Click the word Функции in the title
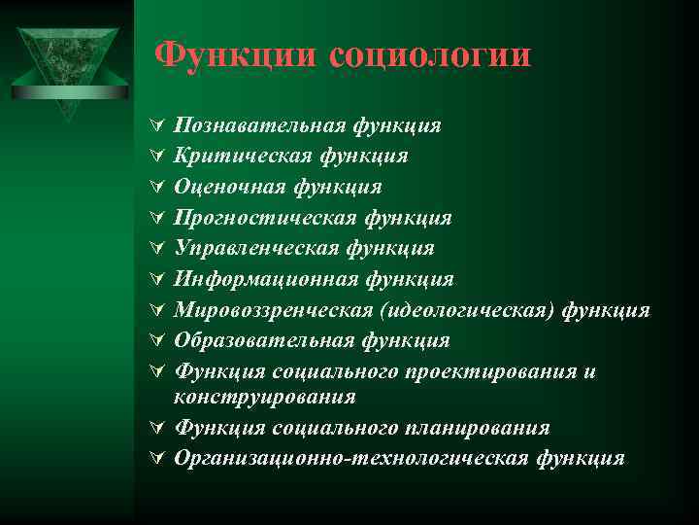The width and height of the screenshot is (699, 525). (x=237, y=54)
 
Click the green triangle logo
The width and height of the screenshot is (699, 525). (x=67, y=63)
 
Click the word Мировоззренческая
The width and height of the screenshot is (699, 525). (x=275, y=310)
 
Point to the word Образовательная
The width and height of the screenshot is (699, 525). (x=264, y=340)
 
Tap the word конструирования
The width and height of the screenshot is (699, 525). (x=264, y=397)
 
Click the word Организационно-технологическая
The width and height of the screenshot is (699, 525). (x=351, y=458)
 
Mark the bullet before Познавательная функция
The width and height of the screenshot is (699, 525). (x=157, y=126)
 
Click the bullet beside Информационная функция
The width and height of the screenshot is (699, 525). (x=157, y=280)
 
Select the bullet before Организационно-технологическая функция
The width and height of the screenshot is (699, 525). (x=157, y=459)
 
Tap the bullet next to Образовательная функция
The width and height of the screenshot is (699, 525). (x=157, y=341)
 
